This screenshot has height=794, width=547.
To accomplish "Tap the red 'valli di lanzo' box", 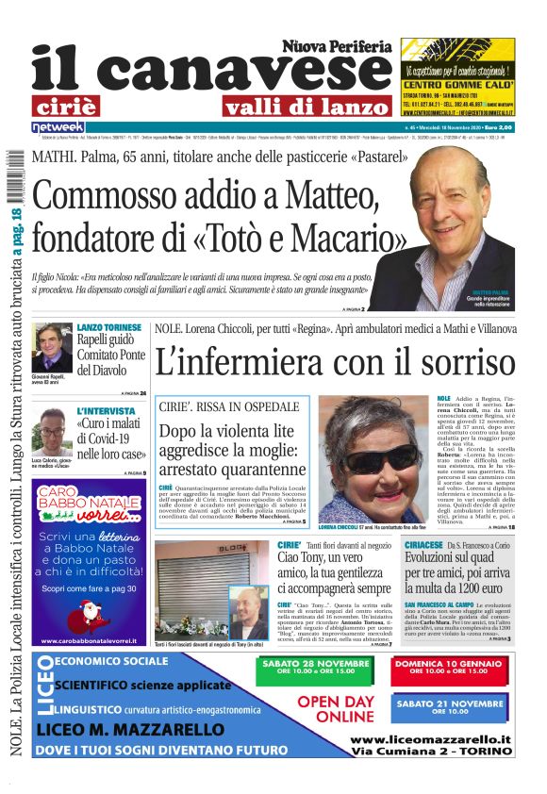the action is click(x=306, y=107).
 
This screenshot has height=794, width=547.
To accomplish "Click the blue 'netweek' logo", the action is click(x=58, y=126).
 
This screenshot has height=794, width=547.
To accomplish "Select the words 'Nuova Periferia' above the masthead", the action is click(x=336, y=45).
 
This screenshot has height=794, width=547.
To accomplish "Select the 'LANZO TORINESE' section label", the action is click(x=108, y=326).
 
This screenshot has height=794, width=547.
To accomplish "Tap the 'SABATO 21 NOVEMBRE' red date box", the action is click(x=449, y=708).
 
